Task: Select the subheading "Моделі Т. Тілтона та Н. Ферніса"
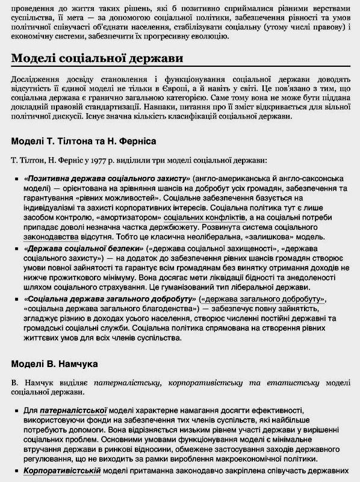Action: click(x=84, y=141)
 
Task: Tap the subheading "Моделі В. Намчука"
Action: click(x=54, y=364)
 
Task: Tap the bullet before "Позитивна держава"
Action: click(x=16, y=180)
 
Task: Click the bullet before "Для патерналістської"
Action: click(x=16, y=410)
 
